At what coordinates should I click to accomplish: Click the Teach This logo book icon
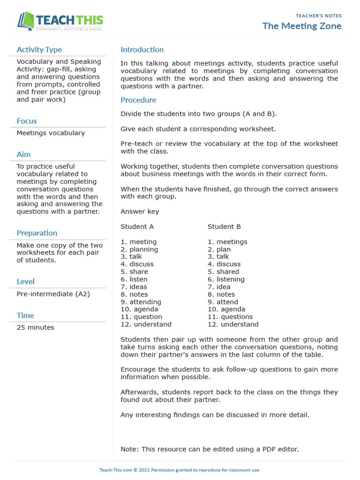(x=26, y=22)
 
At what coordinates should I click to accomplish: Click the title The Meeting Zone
(x=301, y=26)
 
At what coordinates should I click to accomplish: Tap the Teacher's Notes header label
(x=318, y=16)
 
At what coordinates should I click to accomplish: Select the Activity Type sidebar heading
(x=39, y=50)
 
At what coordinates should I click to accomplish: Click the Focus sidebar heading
(x=27, y=121)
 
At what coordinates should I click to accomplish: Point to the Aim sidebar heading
(x=23, y=154)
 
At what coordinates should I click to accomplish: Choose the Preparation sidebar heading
(x=37, y=233)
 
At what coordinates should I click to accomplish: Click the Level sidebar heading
(x=25, y=282)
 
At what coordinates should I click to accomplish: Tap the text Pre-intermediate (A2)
(x=53, y=294)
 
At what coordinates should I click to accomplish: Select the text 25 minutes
(x=35, y=327)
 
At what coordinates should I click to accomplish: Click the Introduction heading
(x=142, y=50)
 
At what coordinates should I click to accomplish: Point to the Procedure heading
(x=138, y=100)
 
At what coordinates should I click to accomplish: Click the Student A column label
(x=137, y=226)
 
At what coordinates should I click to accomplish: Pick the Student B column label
(x=224, y=226)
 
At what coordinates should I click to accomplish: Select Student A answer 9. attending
(x=141, y=302)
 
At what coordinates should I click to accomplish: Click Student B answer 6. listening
(x=226, y=279)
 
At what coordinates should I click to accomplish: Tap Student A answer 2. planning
(x=139, y=249)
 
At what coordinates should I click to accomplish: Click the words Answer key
(x=140, y=211)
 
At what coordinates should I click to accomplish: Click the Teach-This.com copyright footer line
(x=180, y=470)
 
